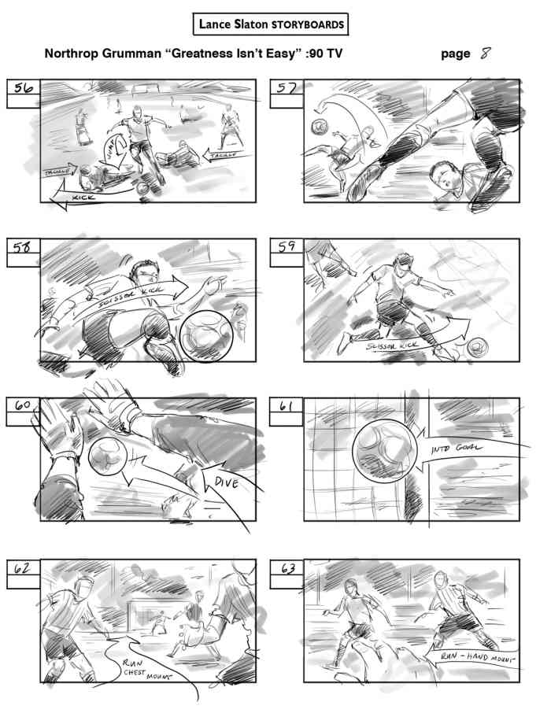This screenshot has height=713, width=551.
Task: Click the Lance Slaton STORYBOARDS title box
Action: tap(271, 24)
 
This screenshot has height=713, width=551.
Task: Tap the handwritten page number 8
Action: tap(487, 54)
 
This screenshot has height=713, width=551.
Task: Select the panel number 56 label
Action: tap(23, 89)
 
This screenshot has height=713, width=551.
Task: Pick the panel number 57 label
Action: tap(287, 89)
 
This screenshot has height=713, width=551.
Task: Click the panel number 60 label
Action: tap(23, 406)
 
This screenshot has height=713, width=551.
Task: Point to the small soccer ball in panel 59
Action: tap(476, 347)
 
